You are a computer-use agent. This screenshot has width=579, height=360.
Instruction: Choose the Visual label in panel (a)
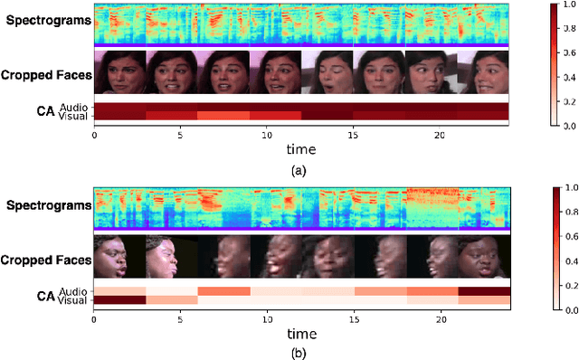point(72,116)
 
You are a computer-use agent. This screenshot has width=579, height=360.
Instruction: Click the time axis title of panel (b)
point(301,331)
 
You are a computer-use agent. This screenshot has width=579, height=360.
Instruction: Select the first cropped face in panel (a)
point(119,72)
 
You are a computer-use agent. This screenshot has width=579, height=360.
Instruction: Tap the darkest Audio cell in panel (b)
point(484,290)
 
